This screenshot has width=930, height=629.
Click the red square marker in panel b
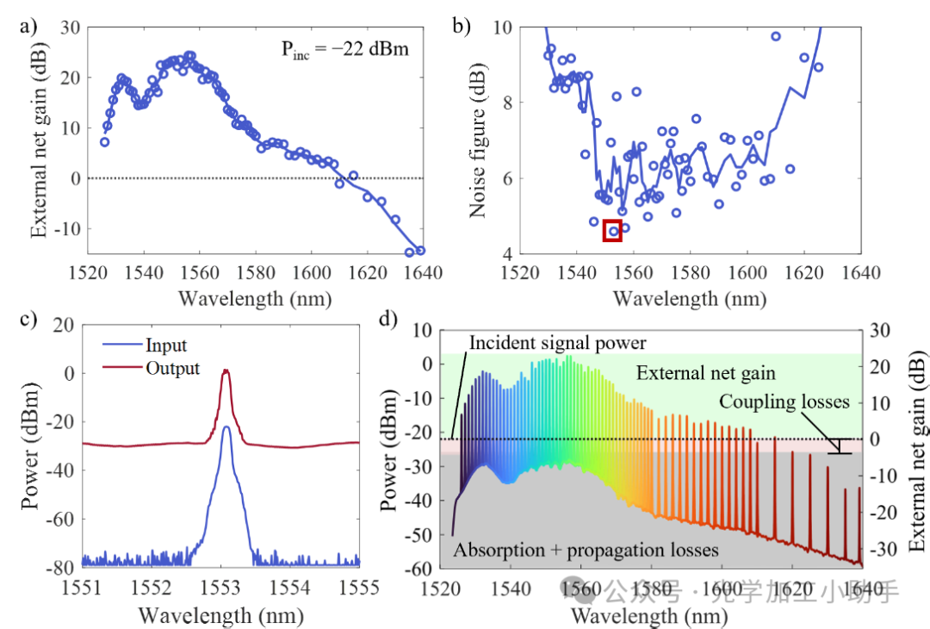click(612, 231)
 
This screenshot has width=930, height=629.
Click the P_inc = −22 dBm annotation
click(344, 49)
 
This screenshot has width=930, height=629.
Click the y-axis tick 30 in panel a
click(70, 27)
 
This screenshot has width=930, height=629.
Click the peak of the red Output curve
click(226, 371)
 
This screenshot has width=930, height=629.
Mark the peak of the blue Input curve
click(226, 427)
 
